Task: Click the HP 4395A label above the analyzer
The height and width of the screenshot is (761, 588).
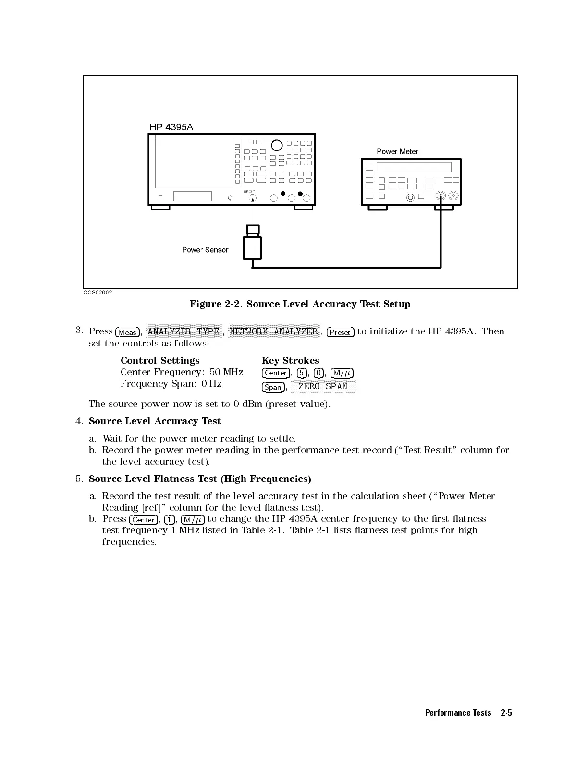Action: [171, 127]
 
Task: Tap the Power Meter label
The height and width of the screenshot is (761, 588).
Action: [397, 152]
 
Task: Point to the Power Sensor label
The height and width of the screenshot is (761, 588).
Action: [205, 250]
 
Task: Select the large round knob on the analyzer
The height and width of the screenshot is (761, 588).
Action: [277, 145]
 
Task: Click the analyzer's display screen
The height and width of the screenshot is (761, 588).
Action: [194, 163]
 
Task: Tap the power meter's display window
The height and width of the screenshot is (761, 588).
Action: [414, 168]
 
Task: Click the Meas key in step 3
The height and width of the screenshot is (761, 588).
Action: [127, 332]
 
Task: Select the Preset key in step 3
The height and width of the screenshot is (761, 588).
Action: [340, 332]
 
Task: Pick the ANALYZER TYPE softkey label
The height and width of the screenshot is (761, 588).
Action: [184, 331]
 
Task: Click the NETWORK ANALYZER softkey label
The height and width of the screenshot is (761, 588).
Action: [273, 331]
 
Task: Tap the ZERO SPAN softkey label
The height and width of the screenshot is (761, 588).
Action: [323, 386]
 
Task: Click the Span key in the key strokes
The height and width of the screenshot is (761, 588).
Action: [273, 387]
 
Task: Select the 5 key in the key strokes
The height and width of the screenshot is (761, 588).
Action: [302, 373]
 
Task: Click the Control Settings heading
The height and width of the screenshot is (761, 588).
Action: [160, 360]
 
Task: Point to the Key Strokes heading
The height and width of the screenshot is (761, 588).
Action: [290, 360]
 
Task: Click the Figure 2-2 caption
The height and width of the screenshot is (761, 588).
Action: [300, 304]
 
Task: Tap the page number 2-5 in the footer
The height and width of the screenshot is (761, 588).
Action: [506, 712]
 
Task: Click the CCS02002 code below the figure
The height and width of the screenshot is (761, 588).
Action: [98, 292]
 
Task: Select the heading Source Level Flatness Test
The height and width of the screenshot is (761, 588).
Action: [200, 479]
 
